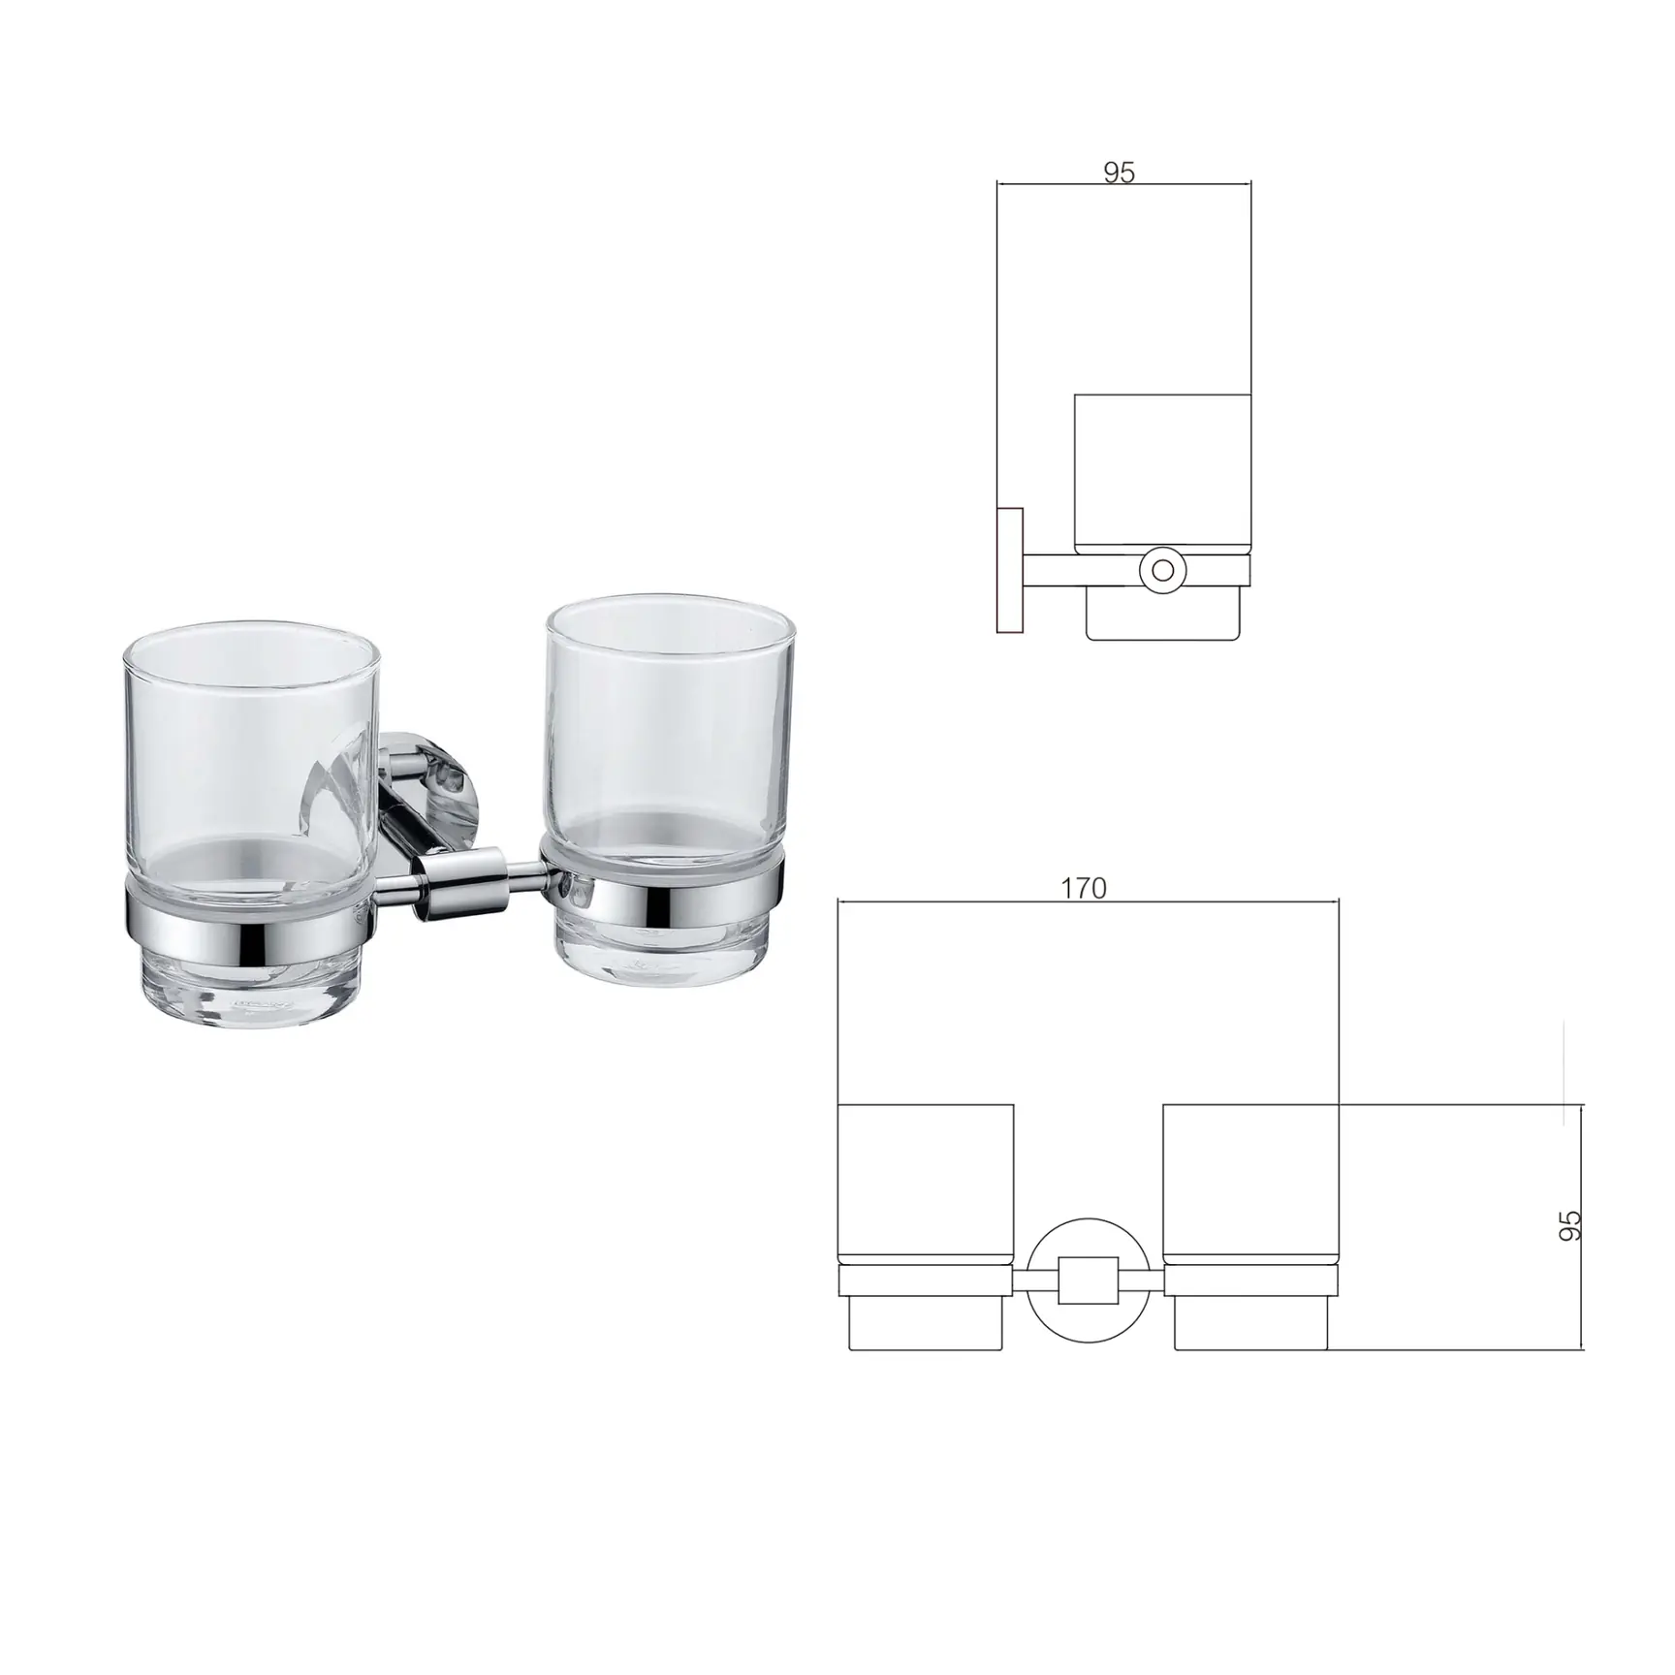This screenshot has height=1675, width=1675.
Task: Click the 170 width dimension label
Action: pos(1084,887)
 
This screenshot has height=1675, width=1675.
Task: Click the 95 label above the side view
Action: pos(1119,173)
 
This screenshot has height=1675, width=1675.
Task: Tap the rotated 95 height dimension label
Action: pos(1569,1225)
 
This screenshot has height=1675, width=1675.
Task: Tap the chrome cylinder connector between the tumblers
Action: pos(459,883)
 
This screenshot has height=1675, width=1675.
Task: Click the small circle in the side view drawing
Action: pos(1161,570)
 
